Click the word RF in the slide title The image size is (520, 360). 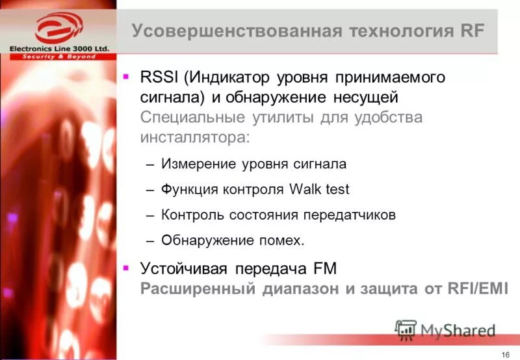click(x=471, y=31)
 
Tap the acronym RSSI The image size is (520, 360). click(x=159, y=78)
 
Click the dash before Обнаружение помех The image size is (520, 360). click(x=149, y=241)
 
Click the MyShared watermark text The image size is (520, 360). click(x=458, y=330)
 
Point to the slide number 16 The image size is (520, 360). click(x=505, y=353)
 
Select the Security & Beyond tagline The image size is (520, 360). click(x=59, y=57)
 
